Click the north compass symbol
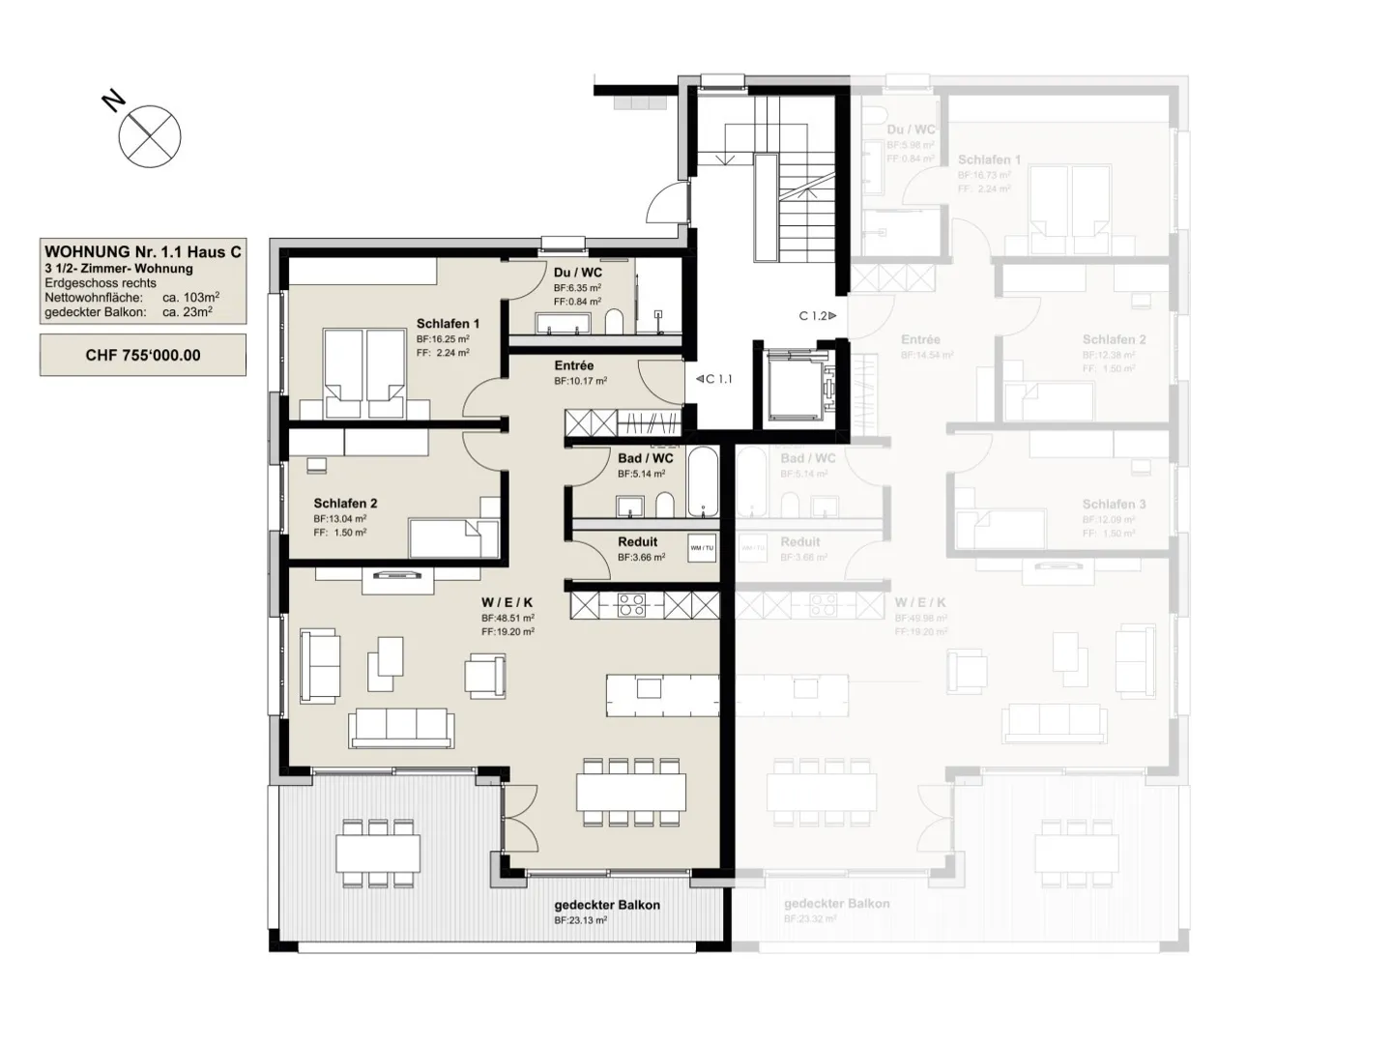[150, 136]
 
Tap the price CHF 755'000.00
[143, 355]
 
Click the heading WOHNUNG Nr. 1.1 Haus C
[143, 252]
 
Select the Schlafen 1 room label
[448, 324]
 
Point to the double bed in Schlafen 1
[362, 373]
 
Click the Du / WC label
[578, 273]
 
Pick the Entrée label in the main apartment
[574, 365]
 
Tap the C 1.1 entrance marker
[714, 379]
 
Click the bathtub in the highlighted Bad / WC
[703, 480]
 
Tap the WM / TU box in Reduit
[702, 548]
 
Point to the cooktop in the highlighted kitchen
[631, 606]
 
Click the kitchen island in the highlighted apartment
[662, 693]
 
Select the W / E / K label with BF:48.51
[507, 602]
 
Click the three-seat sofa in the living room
[401, 727]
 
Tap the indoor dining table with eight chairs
[631, 792]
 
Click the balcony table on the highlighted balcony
[378, 853]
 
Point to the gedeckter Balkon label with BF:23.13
[607, 906]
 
